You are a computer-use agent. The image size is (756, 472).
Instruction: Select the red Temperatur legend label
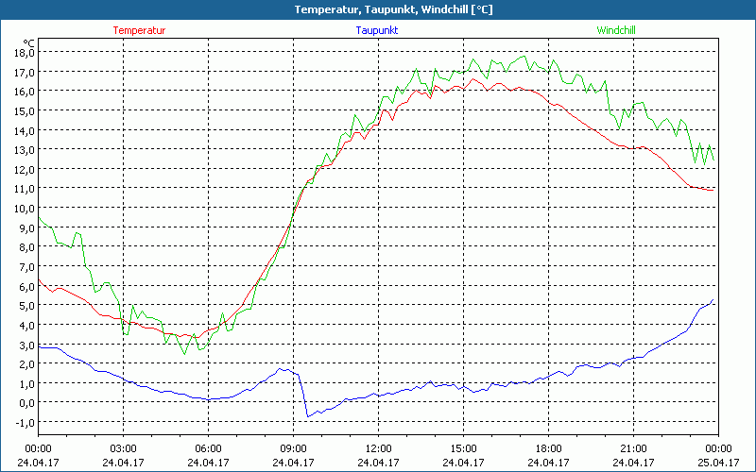point(139,30)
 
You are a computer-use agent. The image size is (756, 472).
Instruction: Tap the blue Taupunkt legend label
point(377,30)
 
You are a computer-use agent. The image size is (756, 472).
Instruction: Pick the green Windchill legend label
point(616,30)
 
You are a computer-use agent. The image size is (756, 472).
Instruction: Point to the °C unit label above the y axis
point(29,42)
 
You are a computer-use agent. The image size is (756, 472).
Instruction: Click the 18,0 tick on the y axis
point(25,52)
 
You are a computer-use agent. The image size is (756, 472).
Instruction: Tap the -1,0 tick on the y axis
point(25,422)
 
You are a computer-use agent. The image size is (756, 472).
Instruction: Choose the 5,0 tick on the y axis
point(25,305)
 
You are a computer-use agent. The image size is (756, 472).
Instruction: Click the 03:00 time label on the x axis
point(123,448)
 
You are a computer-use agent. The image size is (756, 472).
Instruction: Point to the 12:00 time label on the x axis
point(378,448)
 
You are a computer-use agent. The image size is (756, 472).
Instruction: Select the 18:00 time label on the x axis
point(548,448)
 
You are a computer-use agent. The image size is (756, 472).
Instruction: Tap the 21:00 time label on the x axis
point(633,448)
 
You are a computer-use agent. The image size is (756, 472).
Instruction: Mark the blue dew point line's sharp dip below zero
point(307,415)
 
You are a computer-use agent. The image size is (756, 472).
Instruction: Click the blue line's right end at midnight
point(713,301)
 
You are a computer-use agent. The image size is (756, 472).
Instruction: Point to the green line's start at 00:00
point(39,218)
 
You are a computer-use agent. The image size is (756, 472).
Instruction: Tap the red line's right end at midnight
point(714,189)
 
